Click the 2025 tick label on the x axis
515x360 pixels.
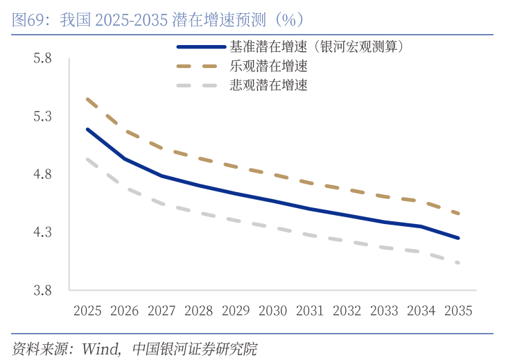click(87, 311)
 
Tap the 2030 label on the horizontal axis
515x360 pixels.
click(272, 311)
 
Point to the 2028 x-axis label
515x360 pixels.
click(198, 311)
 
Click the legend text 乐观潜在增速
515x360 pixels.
click(269, 67)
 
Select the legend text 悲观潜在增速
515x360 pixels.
click(269, 85)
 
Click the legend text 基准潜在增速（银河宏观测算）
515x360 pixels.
click(316, 47)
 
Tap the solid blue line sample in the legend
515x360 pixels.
click(200, 47)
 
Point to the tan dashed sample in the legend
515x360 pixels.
click(200, 67)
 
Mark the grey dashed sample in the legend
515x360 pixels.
click(200, 85)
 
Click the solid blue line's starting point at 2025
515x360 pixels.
click(87, 129)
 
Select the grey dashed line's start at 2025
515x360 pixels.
click(87, 159)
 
